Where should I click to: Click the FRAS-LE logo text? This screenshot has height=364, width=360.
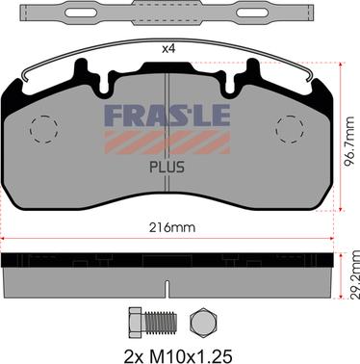(x=167, y=116)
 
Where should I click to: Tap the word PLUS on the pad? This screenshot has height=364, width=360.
(x=167, y=168)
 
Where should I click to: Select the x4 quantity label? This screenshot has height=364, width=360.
(x=168, y=49)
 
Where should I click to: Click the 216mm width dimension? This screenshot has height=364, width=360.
(x=172, y=228)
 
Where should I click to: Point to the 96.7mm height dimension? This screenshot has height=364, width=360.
(x=349, y=142)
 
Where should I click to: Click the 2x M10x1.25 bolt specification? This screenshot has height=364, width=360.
(x=178, y=356)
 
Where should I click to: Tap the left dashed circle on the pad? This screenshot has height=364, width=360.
(x=44, y=129)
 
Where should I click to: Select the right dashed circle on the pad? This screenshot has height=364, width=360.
(x=290, y=129)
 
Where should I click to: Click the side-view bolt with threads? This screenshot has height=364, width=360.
(x=152, y=323)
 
